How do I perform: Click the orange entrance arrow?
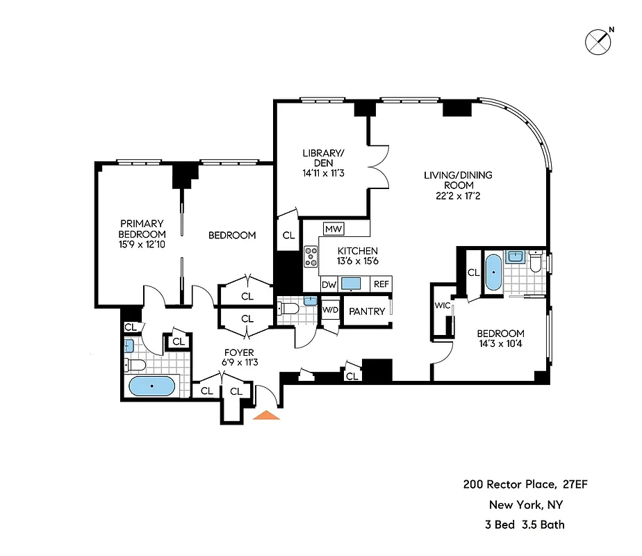point(267,415)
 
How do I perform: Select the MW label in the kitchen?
point(334,229)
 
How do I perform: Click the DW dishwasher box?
point(329,284)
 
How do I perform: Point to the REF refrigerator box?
point(381,284)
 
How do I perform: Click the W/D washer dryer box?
point(329,310)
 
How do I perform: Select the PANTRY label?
point(366,311)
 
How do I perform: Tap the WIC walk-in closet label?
point(442,305)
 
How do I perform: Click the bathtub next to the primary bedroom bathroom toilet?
point(152,386)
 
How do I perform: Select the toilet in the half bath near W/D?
point(290,306)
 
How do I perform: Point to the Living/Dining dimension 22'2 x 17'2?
point(458,196)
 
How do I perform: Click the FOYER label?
point(238,352)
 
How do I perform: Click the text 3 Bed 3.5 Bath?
point(525,525)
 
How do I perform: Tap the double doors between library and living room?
point(377,166)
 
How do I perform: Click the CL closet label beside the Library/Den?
point(288,236)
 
